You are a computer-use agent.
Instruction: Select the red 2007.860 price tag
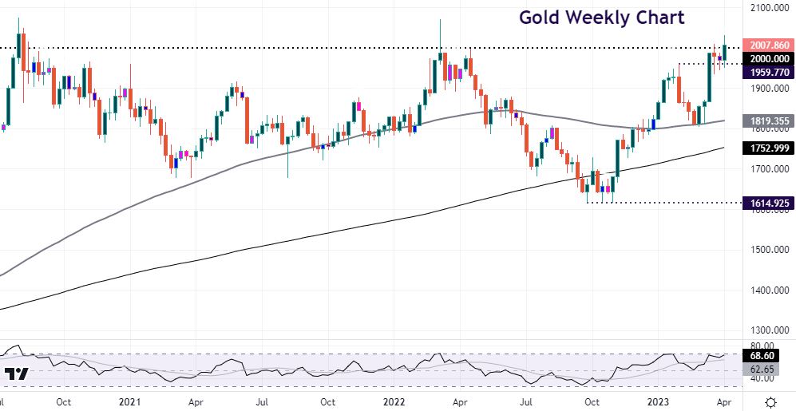tap(767, 45)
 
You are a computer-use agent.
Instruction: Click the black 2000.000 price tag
tap(767, 58)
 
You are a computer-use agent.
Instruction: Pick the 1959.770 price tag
tap(767, 73)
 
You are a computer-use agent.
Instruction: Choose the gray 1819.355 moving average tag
tap(767, 121)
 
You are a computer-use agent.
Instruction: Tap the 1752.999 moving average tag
tap(767, 148)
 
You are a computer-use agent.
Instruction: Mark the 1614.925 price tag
tap(767, 203)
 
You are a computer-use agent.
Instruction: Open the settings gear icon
tap(770, 401)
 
